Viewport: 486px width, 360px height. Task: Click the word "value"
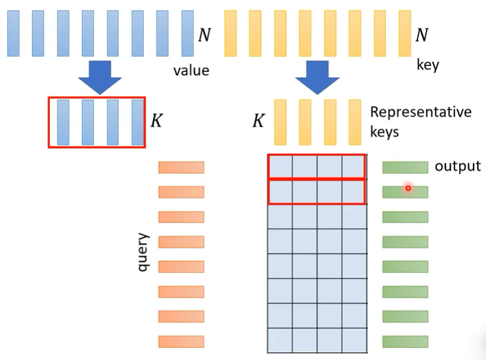[191, 70]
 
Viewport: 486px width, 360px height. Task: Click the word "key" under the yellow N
[428, 65]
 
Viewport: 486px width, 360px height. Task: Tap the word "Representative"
[421, 112]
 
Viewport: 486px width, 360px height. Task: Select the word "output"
[457, 166]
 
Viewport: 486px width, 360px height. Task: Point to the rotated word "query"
[143, 252]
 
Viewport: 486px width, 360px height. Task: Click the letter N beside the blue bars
[205, 35]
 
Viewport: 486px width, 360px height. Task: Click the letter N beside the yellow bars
[422, 35]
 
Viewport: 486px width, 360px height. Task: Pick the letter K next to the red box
[156, 120]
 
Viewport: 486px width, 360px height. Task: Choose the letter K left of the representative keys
[259, 120]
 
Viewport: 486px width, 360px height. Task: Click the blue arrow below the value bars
[100, 77]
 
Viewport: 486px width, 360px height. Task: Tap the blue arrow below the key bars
[318, 77]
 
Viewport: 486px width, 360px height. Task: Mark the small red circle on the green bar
[408, 188]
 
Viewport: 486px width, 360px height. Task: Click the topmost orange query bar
[181, 167]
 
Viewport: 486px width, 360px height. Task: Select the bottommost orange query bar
[181, 342]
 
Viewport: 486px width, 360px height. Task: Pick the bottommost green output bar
[406, 342]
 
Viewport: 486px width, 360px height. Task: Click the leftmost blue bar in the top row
[13, 33]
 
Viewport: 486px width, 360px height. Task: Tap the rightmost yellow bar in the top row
[405, 33]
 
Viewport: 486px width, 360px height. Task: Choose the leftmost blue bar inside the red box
[63, 122]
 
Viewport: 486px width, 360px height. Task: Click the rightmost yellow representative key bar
[355, 122]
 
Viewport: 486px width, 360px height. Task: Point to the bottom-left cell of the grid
[280, 340]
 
